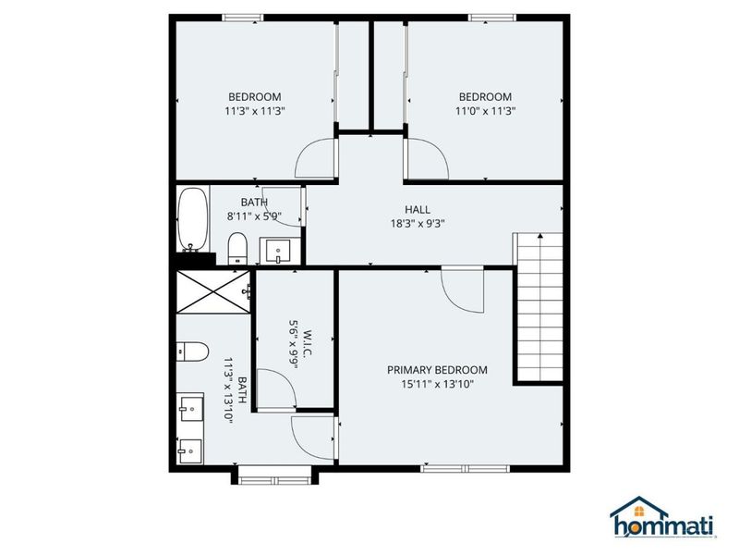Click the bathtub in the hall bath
tap(192, 220)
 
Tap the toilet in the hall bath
tap(237, 247)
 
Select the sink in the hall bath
tap(275, 250)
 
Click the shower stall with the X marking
tap(212, 289)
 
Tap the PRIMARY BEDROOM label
tap(436, 370)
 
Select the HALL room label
tap(417, 209)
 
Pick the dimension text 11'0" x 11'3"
tap(486, 111)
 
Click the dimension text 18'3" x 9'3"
tap(417, 222)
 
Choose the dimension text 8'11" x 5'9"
tap(254, 216)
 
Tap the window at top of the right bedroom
tap(492, 17)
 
